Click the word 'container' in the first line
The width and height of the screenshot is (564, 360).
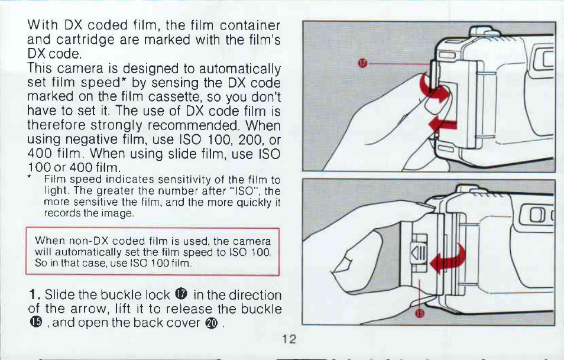pos(250,25)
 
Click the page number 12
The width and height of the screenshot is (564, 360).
pos(289,339)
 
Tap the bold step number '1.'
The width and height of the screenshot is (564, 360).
pos(35,295)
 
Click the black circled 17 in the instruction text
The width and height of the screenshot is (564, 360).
pos(181,294)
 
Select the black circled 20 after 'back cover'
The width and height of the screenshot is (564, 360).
pos(212,323)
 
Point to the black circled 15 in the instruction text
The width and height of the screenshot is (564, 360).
pos(36,322)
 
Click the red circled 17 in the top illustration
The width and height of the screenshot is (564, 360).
pos(362,64)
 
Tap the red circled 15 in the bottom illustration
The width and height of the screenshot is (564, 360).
pos(419,313)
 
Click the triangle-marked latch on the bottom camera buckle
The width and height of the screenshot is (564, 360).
pos(419,253)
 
